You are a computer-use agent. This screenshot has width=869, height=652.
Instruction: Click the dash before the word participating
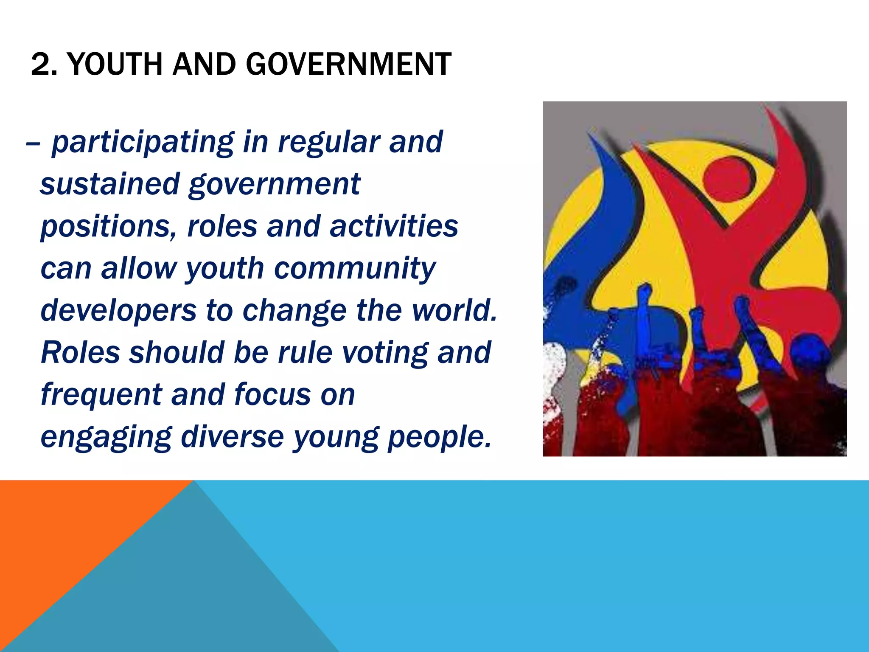(x=33, y=143)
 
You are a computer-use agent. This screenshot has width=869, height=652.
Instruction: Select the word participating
(x=142, y=143)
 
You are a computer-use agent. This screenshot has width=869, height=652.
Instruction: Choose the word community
(x=355, y=268)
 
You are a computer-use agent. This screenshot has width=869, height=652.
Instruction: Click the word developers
(x=118, y=310)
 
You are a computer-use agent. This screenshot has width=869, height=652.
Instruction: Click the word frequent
(x=101, y=395)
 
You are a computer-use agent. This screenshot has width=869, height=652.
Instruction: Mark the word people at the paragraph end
(x=439, y=437)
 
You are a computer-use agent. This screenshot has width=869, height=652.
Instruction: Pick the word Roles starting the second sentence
(x=80, y=352)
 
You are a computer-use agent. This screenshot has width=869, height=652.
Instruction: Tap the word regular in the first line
(x=328, y=143)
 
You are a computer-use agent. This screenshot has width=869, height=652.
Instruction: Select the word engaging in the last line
(x=106, y=437)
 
